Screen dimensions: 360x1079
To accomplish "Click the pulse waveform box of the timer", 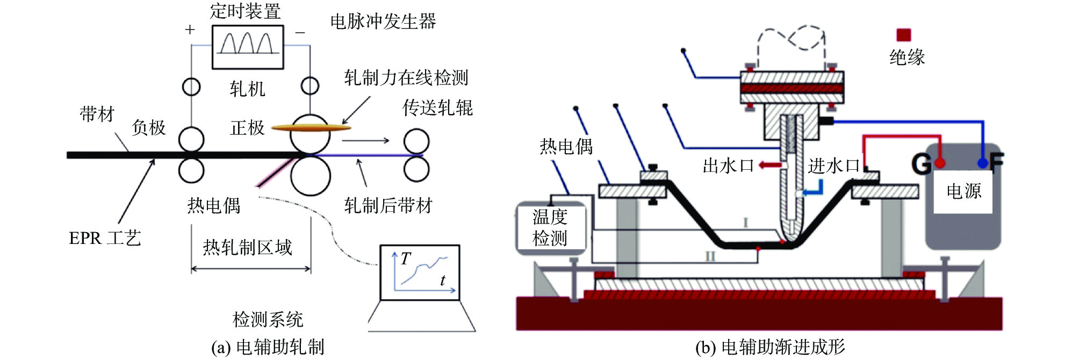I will pyautogui.click(x=248, y=47).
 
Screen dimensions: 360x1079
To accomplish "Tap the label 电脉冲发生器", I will pyautogui.click(x=383, y=21).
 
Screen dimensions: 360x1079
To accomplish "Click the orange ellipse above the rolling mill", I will pyautogui.click(x=311, y=127).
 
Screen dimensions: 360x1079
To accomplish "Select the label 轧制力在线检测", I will pyautogui.click(x=406, y=78).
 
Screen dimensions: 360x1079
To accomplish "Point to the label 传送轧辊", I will pyautogui.click(x=437, y=108).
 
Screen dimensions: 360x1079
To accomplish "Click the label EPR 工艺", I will pyautogui.click(x=105, y=238).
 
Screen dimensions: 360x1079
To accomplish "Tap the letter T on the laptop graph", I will pyautogui.click(x=406, y=259).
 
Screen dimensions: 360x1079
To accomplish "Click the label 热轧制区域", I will pyautogui.click(x=247, y=247).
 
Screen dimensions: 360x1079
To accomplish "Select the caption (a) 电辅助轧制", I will pyautogui.click(x=268, y=347).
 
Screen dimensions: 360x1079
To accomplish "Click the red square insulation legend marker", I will pyautogui.click(x=904, y=35).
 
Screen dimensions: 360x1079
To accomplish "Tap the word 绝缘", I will pyautogui.click(x=907, y=57).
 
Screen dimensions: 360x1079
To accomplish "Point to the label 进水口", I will pyautogui.click(x=833, y=166).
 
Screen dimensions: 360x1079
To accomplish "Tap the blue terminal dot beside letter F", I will pyautogui.click(x=983, y=163).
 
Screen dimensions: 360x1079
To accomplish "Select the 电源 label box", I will pyautogui.click(x=963, y=191).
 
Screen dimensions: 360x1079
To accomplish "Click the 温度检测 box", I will pyautogui.click(x=550, y=227).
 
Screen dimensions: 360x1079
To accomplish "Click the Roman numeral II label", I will pyautogui.click(x=710, y=256).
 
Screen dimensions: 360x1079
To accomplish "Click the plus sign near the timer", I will pyautogui.click(x=190, y=30).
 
